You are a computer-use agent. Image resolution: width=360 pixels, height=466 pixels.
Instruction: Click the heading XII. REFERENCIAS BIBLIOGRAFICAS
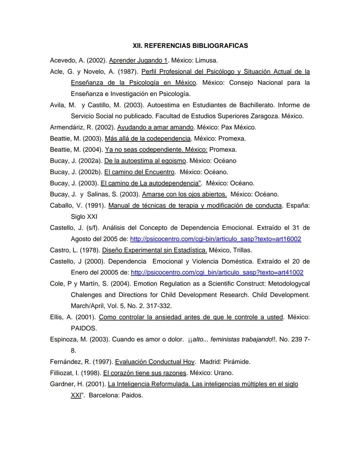click(x=190, y=46)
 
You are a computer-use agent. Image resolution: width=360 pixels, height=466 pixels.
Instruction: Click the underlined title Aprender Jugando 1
click(x=138, y=60)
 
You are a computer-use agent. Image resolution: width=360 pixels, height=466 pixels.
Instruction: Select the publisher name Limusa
click(x=206, y=60)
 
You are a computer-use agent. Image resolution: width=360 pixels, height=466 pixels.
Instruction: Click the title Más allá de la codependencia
click(x=148, y=138)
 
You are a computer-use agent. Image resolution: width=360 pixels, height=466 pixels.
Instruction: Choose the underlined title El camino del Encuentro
click(x=139, y=172)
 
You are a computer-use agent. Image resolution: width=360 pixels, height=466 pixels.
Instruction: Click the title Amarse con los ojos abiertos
click(x=184, y=194)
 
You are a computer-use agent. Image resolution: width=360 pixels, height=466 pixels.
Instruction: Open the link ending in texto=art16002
click(x=215, y=239)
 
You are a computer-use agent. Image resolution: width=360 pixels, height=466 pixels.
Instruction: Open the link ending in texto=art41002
click(x=217, y=273)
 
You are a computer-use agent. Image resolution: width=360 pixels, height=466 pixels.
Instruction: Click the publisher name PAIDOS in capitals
click(x=84, y=328)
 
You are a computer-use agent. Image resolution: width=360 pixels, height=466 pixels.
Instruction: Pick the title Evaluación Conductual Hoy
click(x=155, y=362)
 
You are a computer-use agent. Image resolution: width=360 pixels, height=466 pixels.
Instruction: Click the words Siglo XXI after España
click(x=84, y=217)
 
